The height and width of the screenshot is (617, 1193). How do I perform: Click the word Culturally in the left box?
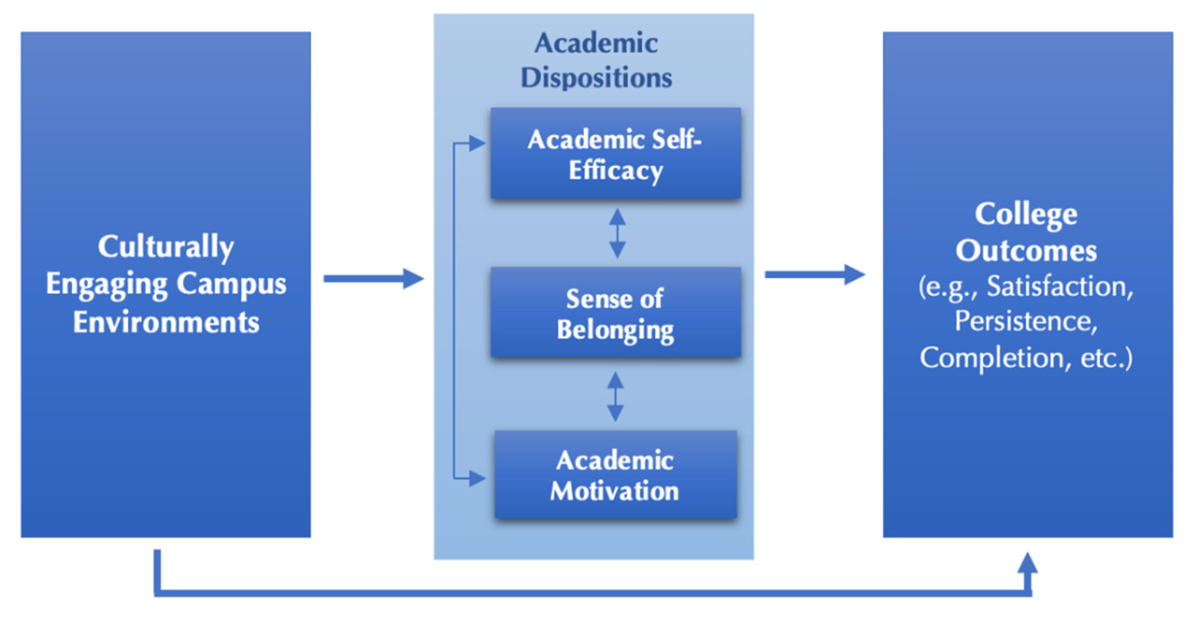point(166,247)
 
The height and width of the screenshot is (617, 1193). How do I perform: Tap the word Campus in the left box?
point(232,283)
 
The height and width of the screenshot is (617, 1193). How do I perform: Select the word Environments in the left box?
point(166,322)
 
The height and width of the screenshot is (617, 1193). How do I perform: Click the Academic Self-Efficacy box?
point(616,153)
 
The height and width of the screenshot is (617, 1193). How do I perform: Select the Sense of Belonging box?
point(616,313)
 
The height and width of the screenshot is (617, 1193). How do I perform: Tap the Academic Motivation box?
point(616,475)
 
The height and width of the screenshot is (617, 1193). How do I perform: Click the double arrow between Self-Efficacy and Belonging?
point(617,233)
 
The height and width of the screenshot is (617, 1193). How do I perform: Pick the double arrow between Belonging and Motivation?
point(615,397)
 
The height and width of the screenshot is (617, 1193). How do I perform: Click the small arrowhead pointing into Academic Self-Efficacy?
point(477,143)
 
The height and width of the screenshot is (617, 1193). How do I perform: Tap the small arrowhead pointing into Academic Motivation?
point(477,478)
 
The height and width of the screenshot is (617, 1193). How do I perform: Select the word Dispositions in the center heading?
point(596,78)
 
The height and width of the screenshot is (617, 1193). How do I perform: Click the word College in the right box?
point(1026,214)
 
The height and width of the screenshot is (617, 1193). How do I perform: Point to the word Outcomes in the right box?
point(1026,251)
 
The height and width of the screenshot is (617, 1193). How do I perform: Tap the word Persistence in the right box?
point(1026,321)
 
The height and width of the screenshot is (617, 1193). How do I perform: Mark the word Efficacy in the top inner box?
point(616,171)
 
